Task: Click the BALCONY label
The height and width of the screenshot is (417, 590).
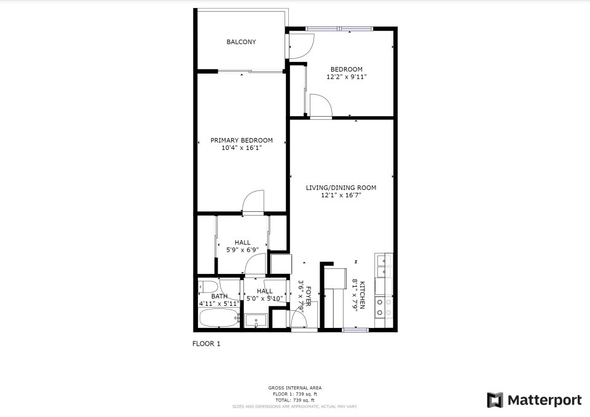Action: [x=241, y=42]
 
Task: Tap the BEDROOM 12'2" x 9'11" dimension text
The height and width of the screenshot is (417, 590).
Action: [x=346, y=77]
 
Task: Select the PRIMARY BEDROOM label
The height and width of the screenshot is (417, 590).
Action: [x=242, y=140]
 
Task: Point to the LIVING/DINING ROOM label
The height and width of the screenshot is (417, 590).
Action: [x=341, y=188]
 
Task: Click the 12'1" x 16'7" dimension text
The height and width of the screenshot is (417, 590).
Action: [x=341, y=195]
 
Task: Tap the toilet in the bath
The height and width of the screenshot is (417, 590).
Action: [x=207, y=287]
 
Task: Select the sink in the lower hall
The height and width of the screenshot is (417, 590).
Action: [x=256, y=320]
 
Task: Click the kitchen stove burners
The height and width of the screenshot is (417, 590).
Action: [x=384, y=307]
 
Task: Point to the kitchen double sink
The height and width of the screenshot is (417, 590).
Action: [x=385, y=265]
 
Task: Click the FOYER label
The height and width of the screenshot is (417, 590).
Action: [x=309, y=295]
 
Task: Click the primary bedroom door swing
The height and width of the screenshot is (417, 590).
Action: [x=253, y=203]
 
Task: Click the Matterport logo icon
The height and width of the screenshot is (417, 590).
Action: [x=495, y=400]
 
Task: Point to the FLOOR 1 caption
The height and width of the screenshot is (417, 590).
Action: [x=206, y=344]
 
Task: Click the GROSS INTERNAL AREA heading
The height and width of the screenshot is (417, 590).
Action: [x=294, y=388]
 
